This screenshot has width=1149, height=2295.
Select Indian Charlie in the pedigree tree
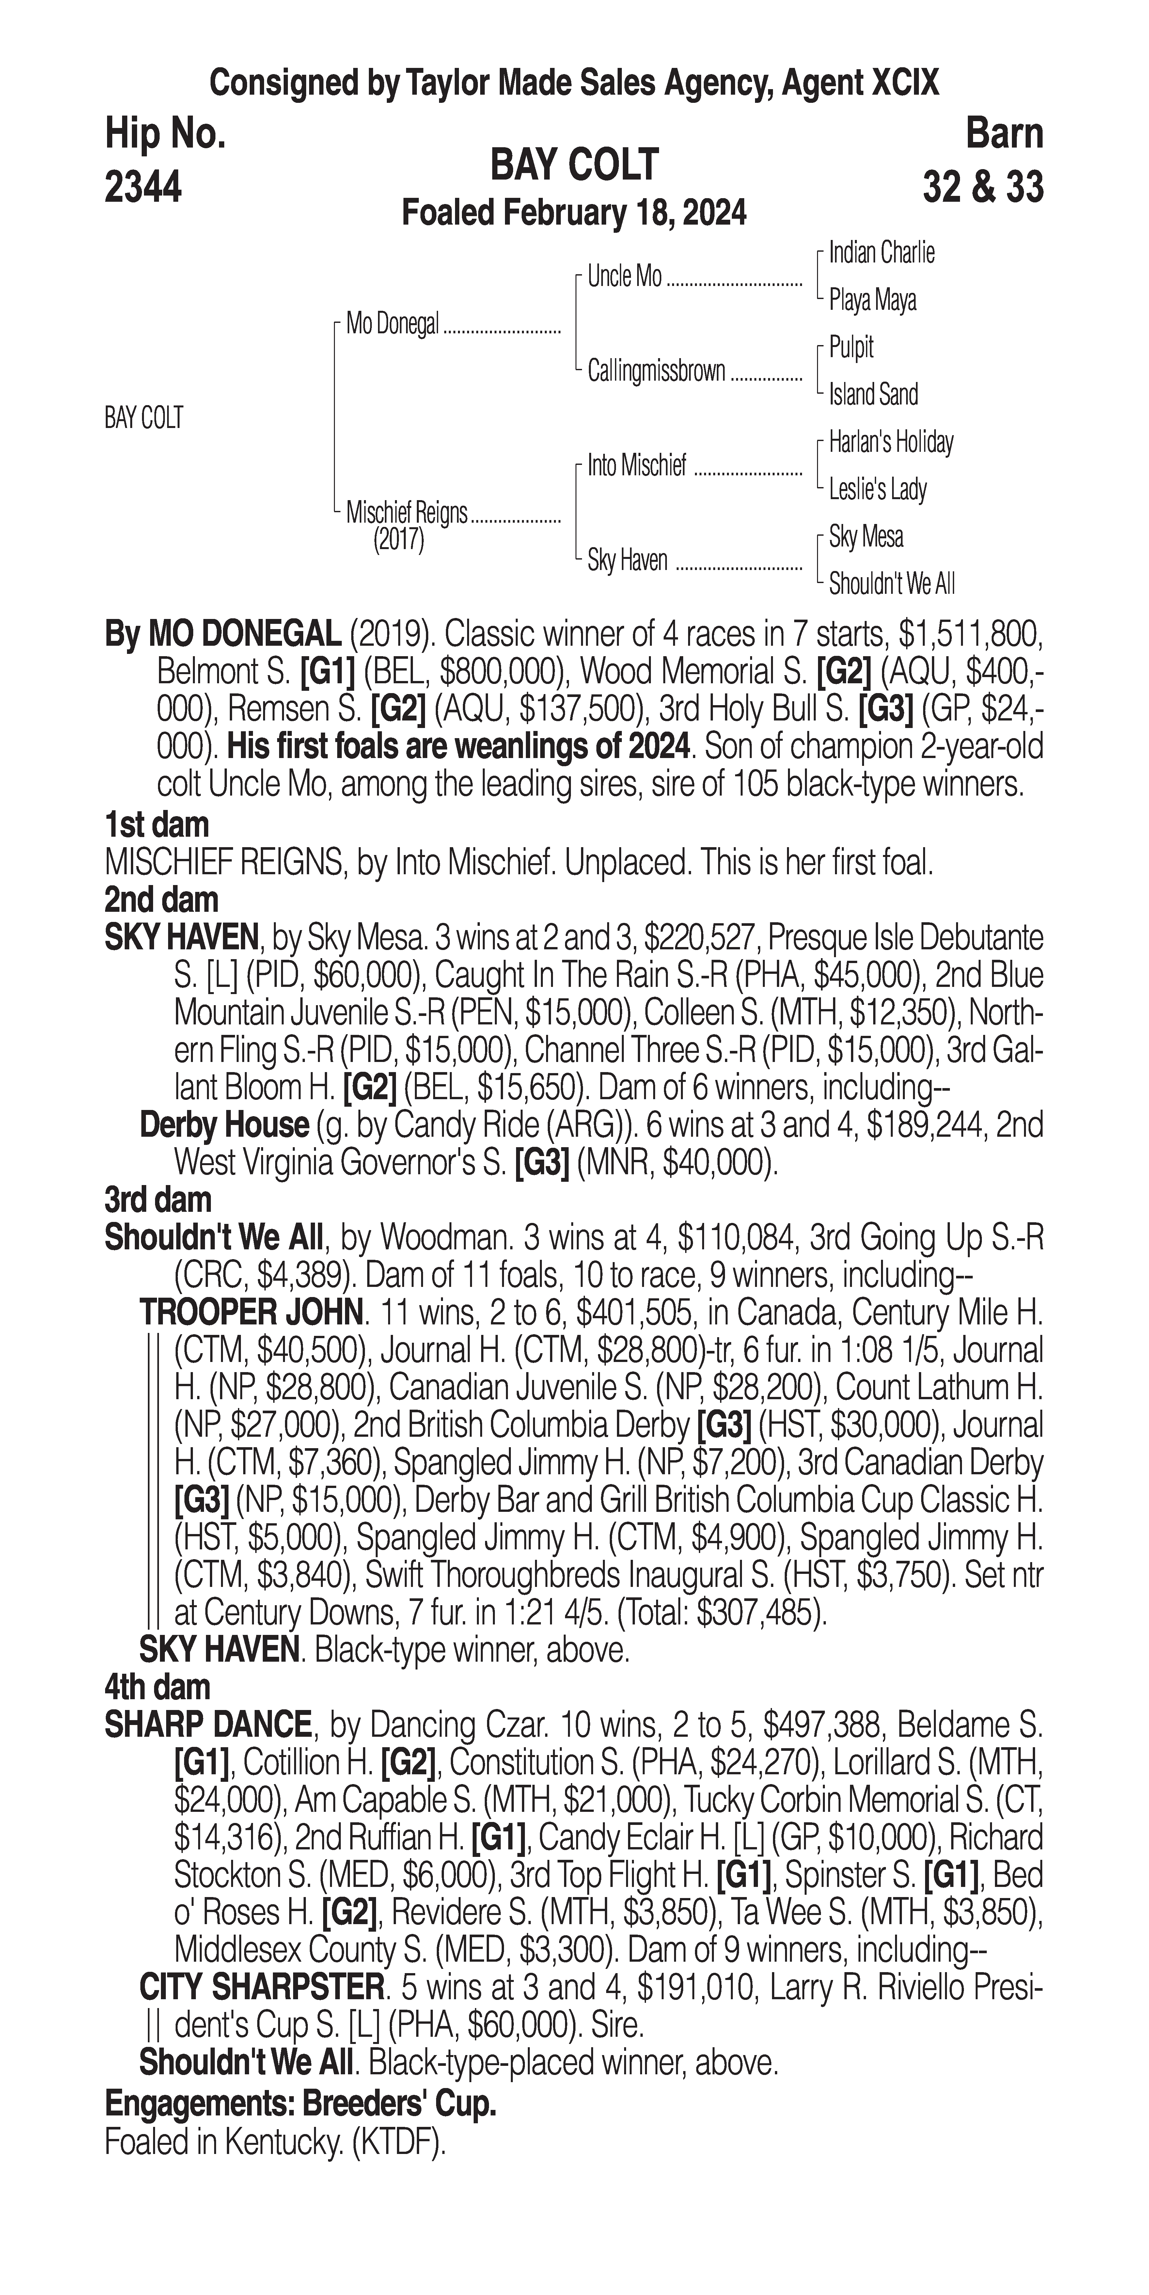pyautogui.click(x=881, y=253)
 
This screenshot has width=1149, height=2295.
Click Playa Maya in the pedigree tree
pyautogui.click(x=872, y=300)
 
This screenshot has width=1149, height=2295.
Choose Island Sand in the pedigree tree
pyautogui.click(x=873, y=394)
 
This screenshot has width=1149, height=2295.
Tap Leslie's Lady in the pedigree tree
pyautogui.click(x=877, y=489)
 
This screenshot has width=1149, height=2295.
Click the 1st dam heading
pyautogui.click(x=157, y=825)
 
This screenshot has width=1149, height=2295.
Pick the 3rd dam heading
pyautogui.click(x=158, y=1200)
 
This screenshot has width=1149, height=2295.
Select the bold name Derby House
pyautogui.click(x=224, y=1125)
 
